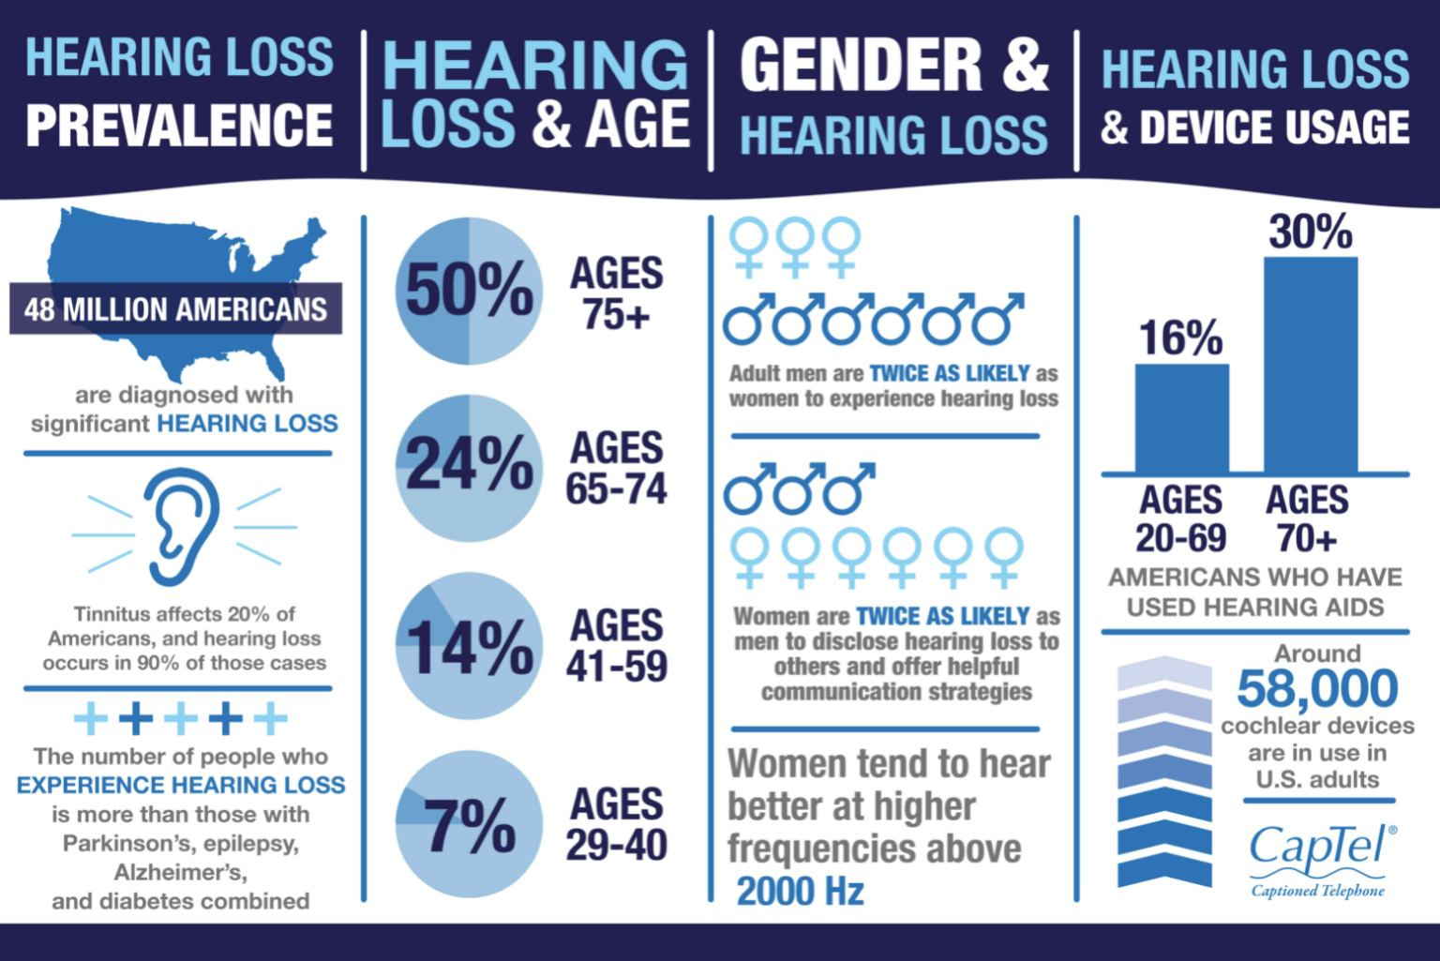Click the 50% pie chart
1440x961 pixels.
coord(469,291)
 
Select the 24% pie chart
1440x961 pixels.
coord(469,467)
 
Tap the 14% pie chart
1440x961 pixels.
coord(469,646)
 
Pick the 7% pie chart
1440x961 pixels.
coord(469,824)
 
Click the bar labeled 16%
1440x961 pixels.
coord(1181,418)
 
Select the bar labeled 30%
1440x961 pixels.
coord(1310,365)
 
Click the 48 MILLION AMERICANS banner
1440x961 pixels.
coord(175,308)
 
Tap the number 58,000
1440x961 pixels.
coord(1317,689)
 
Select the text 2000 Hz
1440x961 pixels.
coord(801,891)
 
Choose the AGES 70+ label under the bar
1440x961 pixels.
coord(1307,519)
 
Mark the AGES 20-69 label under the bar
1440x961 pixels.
coord(1180,519)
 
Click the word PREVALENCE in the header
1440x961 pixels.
coord(179,126)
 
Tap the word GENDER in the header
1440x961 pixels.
coord(862,66)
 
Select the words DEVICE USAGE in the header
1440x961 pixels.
coord(1274,128)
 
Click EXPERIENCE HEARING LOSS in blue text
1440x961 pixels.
coord(181,785)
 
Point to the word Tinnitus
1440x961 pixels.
coord(112,614)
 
